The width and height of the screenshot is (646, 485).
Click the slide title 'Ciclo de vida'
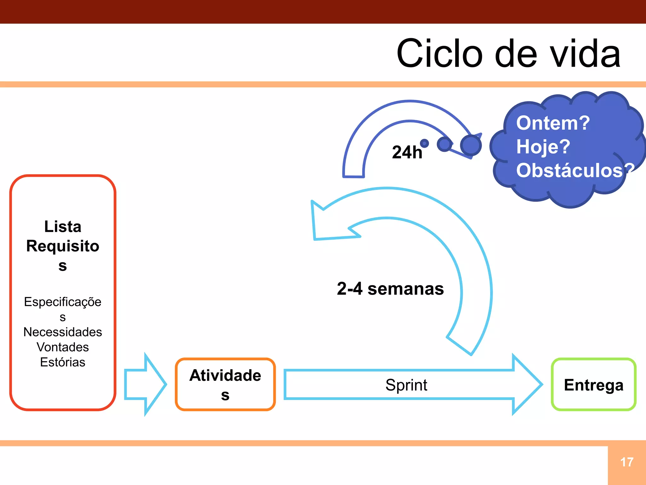[x=508, y=54]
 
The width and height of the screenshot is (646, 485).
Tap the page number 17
[x=626, y=462]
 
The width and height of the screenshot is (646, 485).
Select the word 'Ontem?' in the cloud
[x=553, y=123]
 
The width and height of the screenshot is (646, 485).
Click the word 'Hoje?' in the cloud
[x=543, y=147]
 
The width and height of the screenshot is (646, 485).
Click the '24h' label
[x=407, y=152]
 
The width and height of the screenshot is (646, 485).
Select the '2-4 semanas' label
[x=390, y=289]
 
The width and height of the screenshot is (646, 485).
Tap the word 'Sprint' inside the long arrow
[x=406, y=385]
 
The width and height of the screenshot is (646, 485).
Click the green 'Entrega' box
[x=593, y=385]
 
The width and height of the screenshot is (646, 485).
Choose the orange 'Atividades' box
[x=225, y=385]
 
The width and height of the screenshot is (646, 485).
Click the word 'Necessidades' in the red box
[x=63, y=332]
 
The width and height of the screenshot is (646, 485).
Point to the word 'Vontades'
[x=63, y=347]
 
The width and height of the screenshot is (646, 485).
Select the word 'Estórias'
[x=63, y=362]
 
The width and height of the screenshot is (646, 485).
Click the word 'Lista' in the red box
[x=63, y=227]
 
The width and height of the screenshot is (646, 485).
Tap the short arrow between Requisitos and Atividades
[x=145, y=384]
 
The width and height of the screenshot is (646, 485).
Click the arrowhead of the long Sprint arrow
[x=527, y=384]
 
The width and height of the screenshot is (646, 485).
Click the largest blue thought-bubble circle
[x=471, y=145]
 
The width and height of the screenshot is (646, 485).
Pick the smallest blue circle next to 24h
[x=425, y=143]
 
